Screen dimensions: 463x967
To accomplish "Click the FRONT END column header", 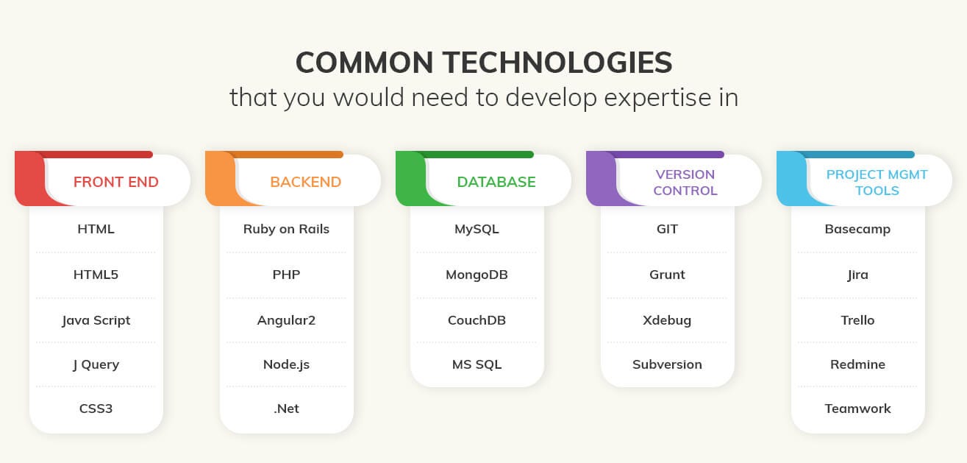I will pos(115,182).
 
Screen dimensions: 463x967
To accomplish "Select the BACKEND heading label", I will pos(305,182).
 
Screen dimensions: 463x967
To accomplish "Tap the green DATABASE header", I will pos(496,182).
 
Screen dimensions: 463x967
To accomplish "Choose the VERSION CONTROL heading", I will pos(685,183).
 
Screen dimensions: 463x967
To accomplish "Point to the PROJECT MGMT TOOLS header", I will pos(877,183).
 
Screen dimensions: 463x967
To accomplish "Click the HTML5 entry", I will pos(96,275).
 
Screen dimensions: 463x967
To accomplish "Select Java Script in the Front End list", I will pos(96,320).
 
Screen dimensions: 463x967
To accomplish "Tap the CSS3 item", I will pos(96,409).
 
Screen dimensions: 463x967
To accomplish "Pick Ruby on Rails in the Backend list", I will pos(286,229).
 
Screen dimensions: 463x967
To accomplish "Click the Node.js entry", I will pos(286,364).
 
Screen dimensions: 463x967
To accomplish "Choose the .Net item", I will pos(286,409).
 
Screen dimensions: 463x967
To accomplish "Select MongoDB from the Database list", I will pos(477,275).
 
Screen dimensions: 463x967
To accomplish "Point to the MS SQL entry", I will pos(477,364).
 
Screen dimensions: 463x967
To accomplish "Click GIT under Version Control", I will pos(667,229).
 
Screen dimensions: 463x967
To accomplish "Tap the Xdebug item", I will pos(667,320).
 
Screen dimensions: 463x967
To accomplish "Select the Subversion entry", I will pos(667,364).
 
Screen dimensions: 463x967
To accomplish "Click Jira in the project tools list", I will pos(857,275).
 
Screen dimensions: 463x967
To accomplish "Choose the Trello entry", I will pos(857,320).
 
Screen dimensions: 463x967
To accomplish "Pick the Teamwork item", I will pos(857,409).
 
